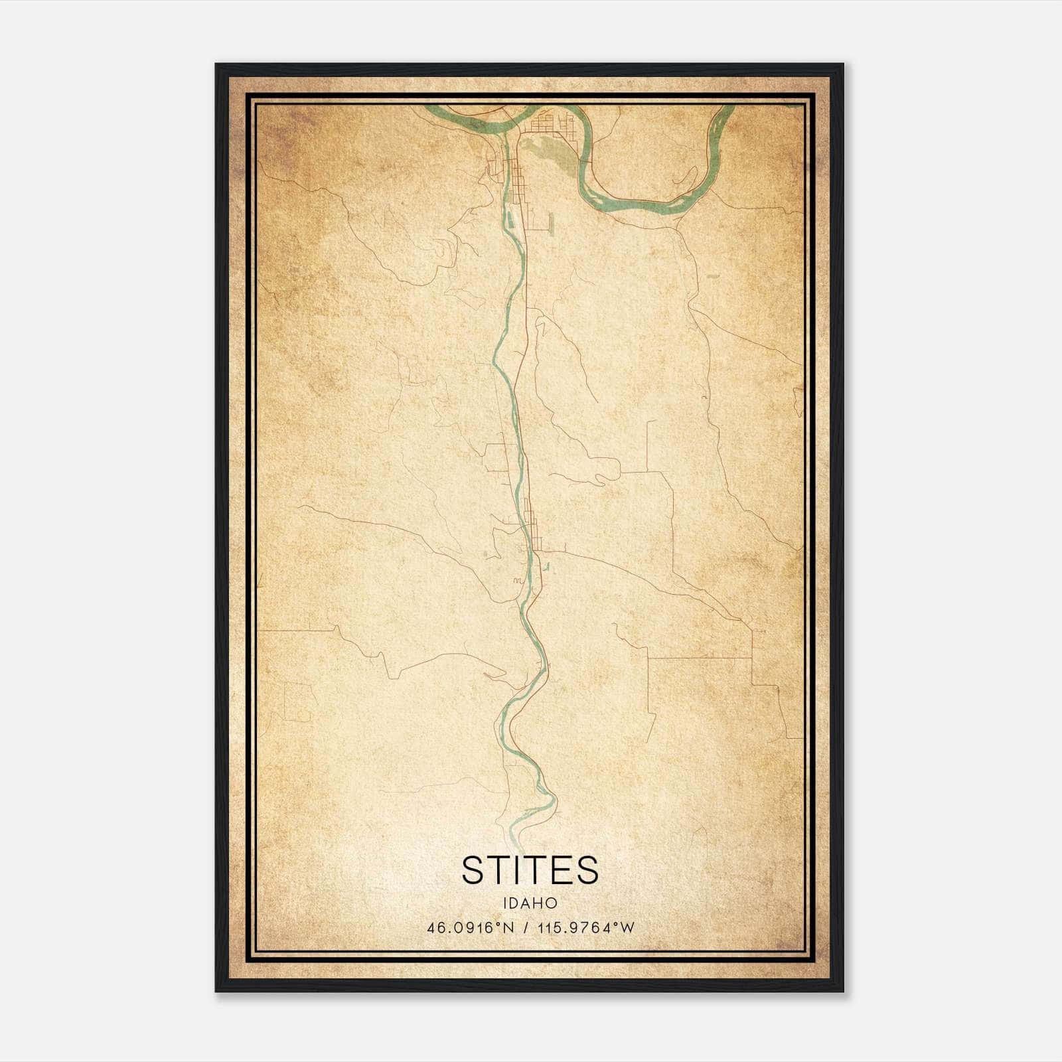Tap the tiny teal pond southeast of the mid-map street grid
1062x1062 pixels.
click(x=547, y=568)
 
